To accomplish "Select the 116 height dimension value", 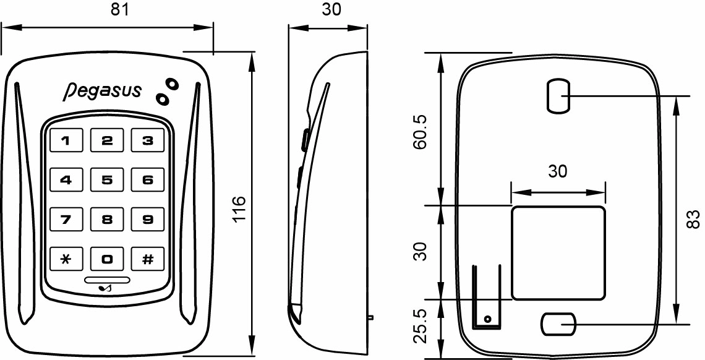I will [x=239, y=209].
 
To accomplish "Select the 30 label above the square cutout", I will [x=558, y=172].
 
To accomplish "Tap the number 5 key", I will [x=107, y=181].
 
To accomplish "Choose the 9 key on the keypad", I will [x=148, y=219].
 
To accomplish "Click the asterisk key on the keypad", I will [x=66, y=259].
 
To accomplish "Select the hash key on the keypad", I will [x=148, y=259].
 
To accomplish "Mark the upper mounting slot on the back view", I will [x=558, y=96].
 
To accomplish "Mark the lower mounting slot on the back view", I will [x=558, y=324].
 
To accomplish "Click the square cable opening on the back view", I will [x=558, y=252].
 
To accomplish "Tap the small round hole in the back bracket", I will [x=487, y=319].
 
